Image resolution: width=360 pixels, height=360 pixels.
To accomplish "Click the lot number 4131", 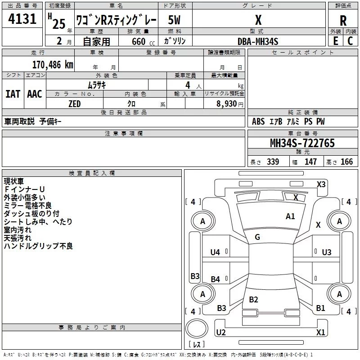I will coord(22,20).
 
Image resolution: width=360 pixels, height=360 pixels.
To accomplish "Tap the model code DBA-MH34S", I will coord(258,41).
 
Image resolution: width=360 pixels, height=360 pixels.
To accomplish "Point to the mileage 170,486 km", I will coord(52,64).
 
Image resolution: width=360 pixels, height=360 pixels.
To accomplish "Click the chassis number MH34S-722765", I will coord(302,143).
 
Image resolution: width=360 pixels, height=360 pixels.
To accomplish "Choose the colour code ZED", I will coord(74,103).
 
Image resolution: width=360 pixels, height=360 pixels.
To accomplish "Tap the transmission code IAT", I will coord(13,94).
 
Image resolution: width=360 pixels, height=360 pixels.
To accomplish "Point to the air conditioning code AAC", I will coord(35,94).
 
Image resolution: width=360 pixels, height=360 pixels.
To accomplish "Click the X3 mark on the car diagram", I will coord(321,184).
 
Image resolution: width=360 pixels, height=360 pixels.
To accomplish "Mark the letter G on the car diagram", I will coord(257,237).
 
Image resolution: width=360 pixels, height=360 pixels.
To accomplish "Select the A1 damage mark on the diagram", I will coord(290,216).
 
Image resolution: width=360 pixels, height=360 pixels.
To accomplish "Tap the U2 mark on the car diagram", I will coord(220,333).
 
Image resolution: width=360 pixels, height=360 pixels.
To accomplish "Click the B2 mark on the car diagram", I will coord(253,300).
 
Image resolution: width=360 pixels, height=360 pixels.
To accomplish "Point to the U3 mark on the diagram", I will coord(327,252).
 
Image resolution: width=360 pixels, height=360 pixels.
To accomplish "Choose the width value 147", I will coord(310,162).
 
